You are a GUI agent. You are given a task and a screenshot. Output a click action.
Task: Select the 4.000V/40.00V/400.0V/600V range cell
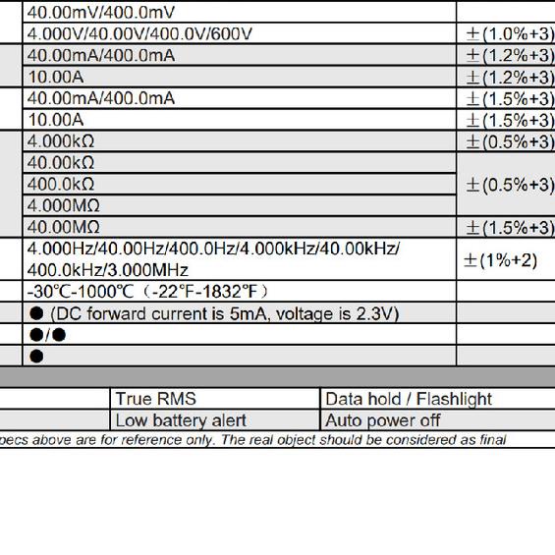click(x=139, y=34)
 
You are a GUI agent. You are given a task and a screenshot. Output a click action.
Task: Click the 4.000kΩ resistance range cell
click(x=61, y=141)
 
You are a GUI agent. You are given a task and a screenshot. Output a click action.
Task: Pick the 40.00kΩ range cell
click(x=61, y=163)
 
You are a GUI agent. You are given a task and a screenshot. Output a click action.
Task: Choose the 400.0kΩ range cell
click(x=61, y=185)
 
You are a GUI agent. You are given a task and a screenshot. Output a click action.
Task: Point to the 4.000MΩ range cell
click(x=64, y=206)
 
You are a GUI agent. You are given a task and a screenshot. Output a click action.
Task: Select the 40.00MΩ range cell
click(x=64, y=228)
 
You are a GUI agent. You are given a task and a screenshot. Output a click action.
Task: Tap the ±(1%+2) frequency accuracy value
click(x=501, y=260)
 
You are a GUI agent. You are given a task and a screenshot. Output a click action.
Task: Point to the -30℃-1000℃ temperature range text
click(x=147, y=292)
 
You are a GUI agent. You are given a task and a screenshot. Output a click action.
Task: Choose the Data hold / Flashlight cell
click(x=408, y=399)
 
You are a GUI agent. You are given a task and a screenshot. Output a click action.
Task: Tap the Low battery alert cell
click(x=181, y=420)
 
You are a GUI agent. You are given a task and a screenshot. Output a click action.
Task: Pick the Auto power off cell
click(x=383, y=420)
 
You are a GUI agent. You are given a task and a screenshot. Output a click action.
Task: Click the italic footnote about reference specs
click(x=253, y=440)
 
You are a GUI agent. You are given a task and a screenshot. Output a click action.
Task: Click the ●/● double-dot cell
click(x=46, y=335)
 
